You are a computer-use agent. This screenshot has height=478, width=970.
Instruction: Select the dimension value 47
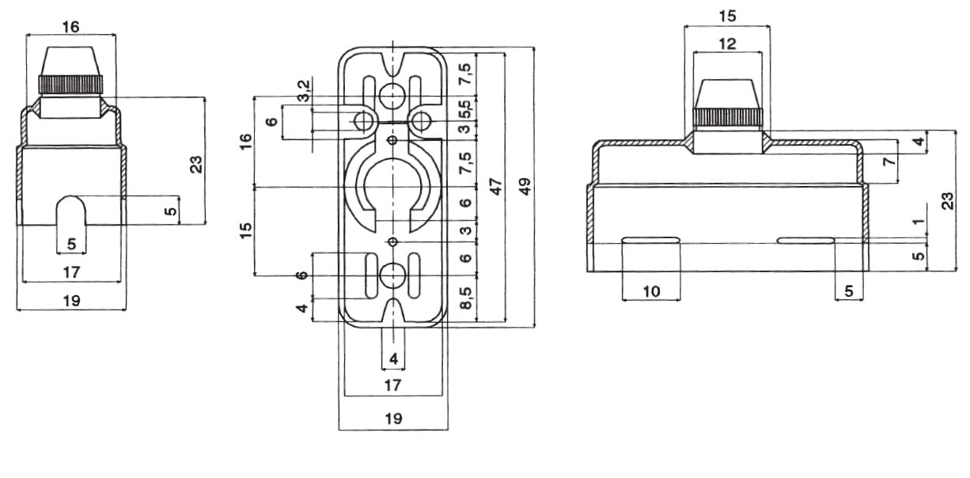pyautogui.click(x=496, y=186)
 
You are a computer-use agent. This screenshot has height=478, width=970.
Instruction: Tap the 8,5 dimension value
pyautogui.click(x=466, y=299)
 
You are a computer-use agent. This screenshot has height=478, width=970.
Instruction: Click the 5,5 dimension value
pyautogui.click(x=465, y=107)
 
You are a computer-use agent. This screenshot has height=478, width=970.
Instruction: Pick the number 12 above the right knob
pyautogui.click(x=728, y=44)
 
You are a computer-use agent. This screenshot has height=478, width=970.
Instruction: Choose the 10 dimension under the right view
pyautogui.click(x=650, y=291)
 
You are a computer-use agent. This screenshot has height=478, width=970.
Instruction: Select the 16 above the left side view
pyautogui.click(x=70, y=27)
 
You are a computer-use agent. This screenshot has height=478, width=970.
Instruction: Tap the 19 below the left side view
pyautogui.click(x=70, y=300)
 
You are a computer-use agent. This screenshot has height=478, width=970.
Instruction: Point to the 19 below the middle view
pyautogui.click(x=392, y=419)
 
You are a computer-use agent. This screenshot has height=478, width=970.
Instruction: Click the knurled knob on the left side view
pyautogui.click(x=70, y=83)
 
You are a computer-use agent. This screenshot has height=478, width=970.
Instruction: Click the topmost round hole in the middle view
pyautogui.click(x=392, y=96)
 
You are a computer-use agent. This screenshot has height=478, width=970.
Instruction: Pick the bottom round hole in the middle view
pyautogui.click(x=392, y=275)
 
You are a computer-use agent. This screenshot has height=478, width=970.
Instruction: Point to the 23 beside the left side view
pyautogui.click(x=197, y=163)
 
